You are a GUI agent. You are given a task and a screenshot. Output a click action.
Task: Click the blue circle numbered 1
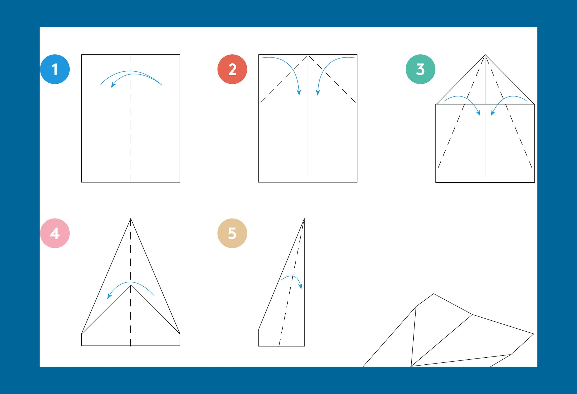point(55,69)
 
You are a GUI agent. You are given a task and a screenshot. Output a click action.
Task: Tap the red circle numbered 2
point(232,69)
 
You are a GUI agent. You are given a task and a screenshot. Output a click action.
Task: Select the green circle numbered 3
point(420,69)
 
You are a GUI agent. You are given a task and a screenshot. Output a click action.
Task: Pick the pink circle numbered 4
point(55,233)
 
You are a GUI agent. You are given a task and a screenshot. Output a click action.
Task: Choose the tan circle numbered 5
point(232,233)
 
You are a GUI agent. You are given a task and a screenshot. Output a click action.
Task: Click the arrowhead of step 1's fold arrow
point(113,85)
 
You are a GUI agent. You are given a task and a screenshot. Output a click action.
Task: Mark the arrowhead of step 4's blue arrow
point(109,296)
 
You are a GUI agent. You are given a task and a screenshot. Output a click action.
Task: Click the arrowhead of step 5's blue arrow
point(301,286)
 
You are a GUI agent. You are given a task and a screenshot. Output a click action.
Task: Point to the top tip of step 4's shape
point(130,219)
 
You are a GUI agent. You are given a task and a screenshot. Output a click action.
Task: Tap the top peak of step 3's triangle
point(485,55)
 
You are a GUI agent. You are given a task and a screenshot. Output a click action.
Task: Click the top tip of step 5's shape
point(304,219)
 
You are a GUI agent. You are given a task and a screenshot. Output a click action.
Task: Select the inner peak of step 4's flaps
point(130,285)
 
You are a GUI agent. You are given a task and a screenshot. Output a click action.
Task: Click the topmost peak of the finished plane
point(434,294)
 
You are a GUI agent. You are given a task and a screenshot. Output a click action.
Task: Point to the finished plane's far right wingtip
point(534,334)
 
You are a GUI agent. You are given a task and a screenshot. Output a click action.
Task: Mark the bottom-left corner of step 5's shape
point(259,346)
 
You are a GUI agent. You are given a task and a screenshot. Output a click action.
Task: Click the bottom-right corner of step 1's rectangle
point(180,182)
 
